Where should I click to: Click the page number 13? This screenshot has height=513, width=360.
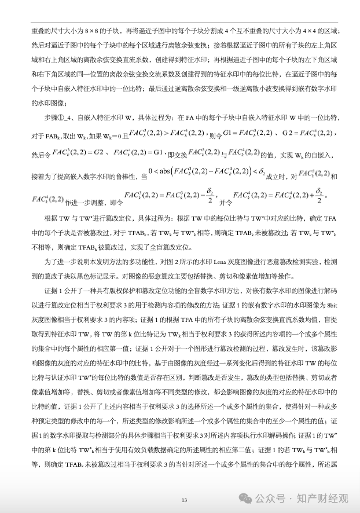coord(185,500)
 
